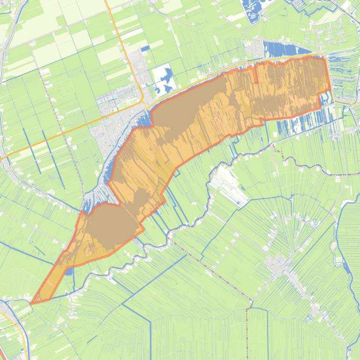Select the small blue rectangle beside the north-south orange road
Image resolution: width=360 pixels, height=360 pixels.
click(145, 48)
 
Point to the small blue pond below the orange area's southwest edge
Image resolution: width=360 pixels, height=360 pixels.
click(69, 271)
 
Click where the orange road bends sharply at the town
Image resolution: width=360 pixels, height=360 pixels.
click(143, 100)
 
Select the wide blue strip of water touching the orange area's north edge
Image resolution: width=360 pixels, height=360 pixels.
click(285, 49)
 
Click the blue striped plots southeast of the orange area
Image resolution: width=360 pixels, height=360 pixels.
click(299, 124)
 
